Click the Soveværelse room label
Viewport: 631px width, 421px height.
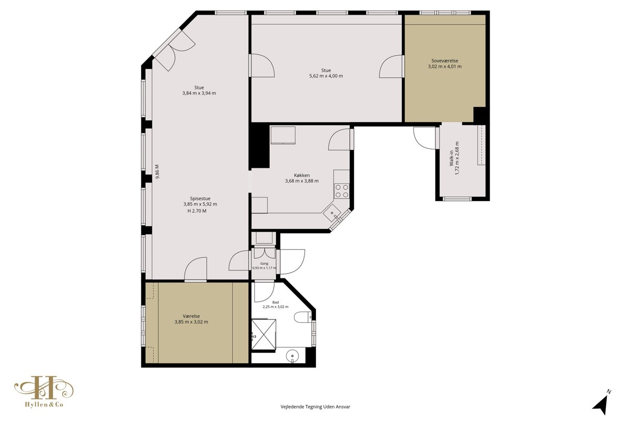[x=445, y=61]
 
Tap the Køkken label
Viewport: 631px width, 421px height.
[x=302, y=175]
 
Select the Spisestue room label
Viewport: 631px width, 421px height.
[x=200, y=198]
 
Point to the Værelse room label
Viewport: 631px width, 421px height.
[x=191, y=316]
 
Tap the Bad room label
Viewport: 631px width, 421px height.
[x=276, y=302]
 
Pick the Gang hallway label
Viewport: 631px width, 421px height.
[x=264, y=263]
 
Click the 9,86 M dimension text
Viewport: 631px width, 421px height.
[x=157, y=172]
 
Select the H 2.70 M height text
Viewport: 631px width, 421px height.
[x=197, y=211]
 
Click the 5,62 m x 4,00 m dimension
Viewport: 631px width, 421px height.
[x=326, y=76]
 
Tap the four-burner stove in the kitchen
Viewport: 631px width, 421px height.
[x=341, y=191]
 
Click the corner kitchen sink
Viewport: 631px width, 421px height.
[x=332, y=214]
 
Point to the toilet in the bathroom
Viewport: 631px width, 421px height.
[x=302, y=317]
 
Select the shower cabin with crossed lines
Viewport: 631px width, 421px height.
[x=263, y=334]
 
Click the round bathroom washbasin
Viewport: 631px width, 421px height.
[x=292, y=356]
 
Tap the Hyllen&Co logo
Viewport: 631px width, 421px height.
[x=44, y=392]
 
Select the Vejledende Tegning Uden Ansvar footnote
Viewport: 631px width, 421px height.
[x=315, y=407]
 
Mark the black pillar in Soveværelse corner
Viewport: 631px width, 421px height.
[x=480, y=115]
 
